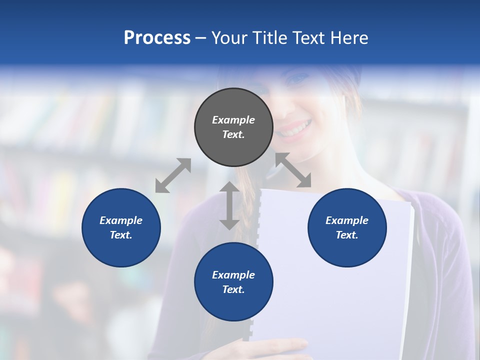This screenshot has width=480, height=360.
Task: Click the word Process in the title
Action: point(157,38)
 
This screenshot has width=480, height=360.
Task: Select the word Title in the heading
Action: point(270,38)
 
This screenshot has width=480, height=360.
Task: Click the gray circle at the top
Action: point(233,127)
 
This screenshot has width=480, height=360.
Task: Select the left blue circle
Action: point(121,227)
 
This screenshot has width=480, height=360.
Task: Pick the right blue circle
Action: point(347,227)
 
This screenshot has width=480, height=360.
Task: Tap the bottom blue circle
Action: point(233,282)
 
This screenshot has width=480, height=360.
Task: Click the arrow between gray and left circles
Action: point(173,175)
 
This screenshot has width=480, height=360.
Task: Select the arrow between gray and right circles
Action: point(293,170)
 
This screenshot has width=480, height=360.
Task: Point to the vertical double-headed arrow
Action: point(229,205)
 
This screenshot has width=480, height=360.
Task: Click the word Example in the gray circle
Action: point(233,120)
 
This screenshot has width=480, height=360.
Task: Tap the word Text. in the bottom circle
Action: point(233,289)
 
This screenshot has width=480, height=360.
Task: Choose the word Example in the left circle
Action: point(121,220)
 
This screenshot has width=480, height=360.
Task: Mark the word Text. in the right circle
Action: point(347,235)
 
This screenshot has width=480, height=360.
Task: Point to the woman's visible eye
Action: point(299,79)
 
